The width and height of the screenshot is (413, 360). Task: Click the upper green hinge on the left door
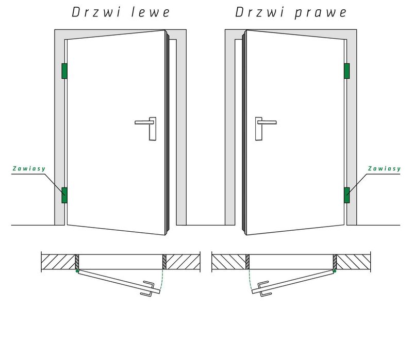64,71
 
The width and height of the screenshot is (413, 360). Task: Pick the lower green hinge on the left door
64,195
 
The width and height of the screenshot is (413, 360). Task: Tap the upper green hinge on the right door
347,71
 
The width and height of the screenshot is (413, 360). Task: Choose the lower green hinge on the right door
347,195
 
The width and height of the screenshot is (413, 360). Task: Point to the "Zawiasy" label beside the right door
384,168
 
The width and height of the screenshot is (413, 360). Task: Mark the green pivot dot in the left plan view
77,270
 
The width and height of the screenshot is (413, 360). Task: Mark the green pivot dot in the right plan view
335,270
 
